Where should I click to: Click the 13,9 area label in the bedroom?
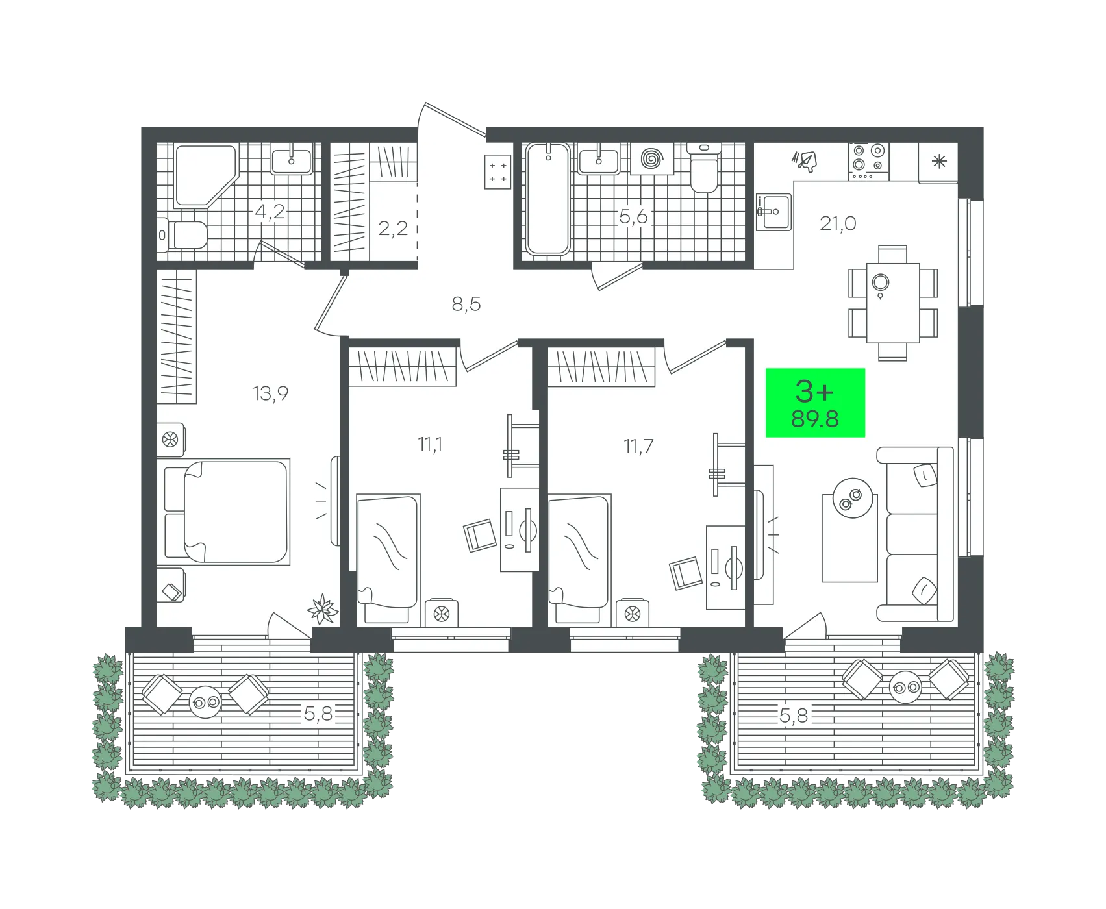pyautogui.click(x=270, y=393)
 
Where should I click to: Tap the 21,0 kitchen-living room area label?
pyautogui.click(x=838, y=223)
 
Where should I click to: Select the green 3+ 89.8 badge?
pyautogui.click(x=815, y=403)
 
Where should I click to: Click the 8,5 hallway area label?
pyautogui.click(x=466, y=304)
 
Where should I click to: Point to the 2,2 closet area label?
pyautogui.click(x=393, y=229)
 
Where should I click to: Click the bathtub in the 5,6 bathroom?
pyautogui.click(x=548, y=199)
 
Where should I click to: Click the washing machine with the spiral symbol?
pyautogui.click(x=651, y=158)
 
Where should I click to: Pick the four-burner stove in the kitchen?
pyautogui.click(x=868, y=161)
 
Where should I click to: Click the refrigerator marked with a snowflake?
pyautogui.click(x=938, y=162)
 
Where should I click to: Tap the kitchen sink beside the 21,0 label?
pyautogui.click(x=774, y=212)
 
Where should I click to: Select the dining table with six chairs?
pyautogui.click(x=893, y=303)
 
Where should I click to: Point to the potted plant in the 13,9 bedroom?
pyautogui.click(x=323, y=610)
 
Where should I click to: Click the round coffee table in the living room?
pyautogui.click(x=853, y=498)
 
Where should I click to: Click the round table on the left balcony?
pyautogui.click(x=205, y=702)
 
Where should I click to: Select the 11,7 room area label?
pyautogui.click(x=638, y=447)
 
